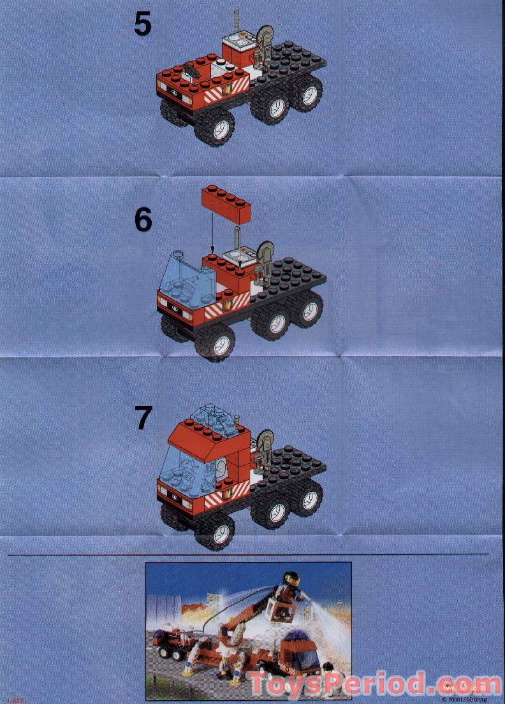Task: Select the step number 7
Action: tap(144, 418)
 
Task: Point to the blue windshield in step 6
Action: tap(187, 275)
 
